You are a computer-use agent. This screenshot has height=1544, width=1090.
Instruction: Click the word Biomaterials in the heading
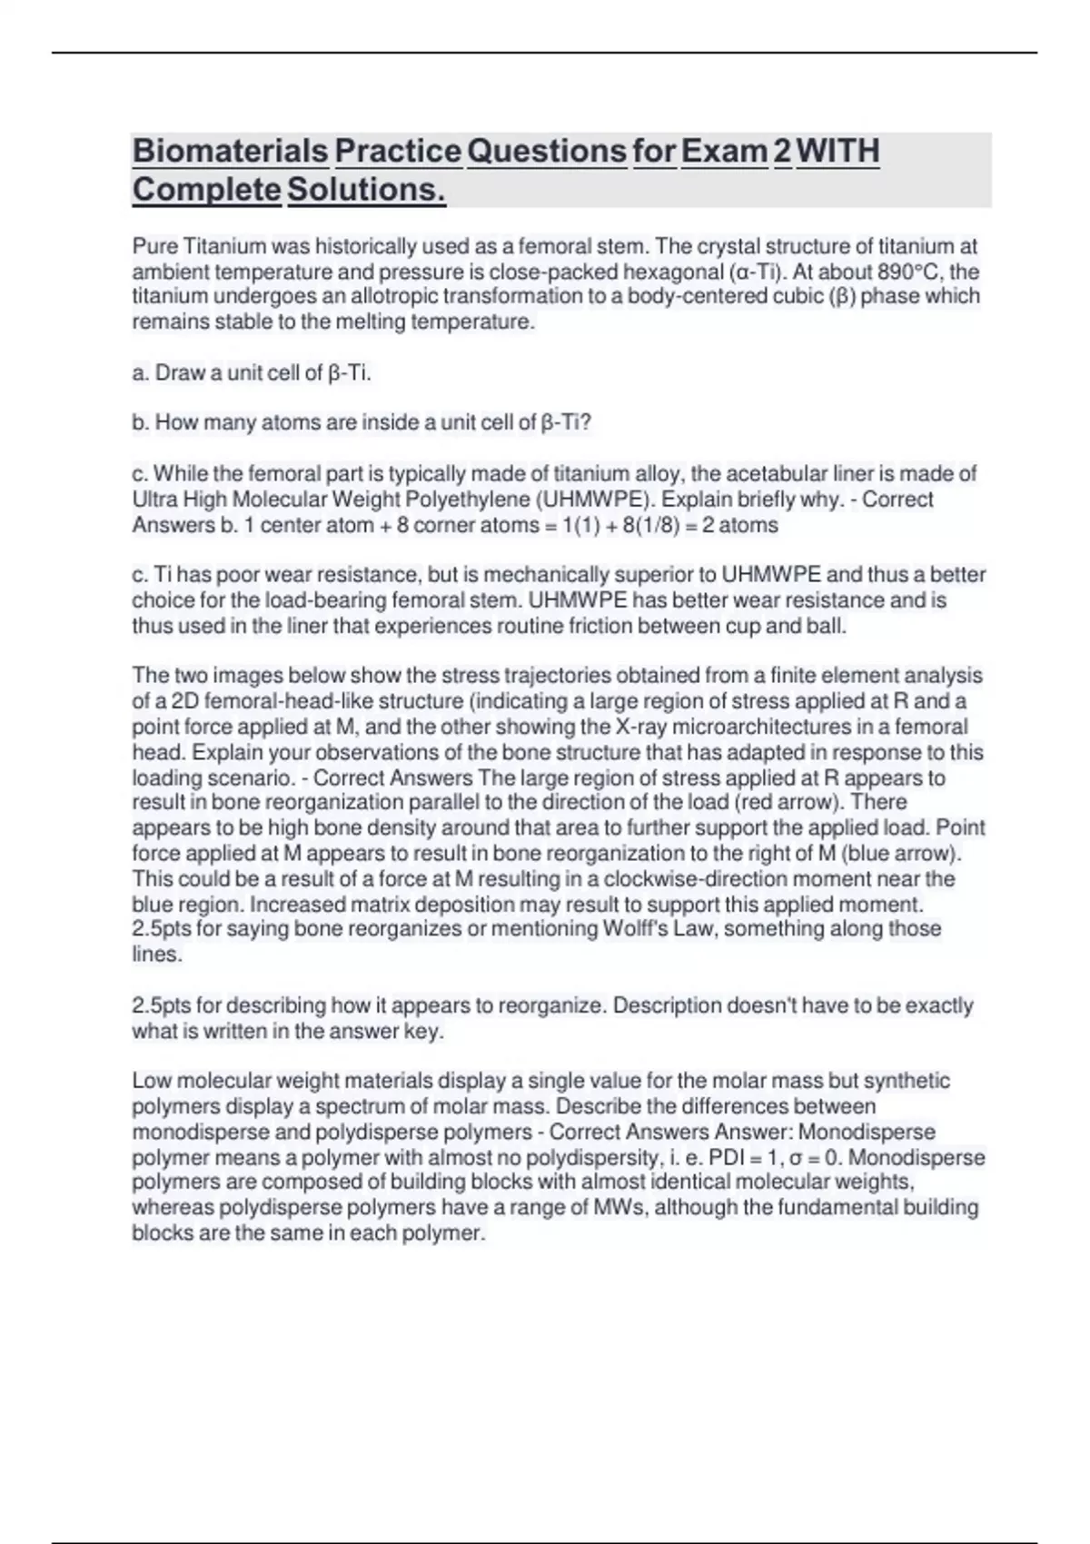[231, 151]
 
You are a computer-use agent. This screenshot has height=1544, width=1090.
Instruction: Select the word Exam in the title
[724, 151]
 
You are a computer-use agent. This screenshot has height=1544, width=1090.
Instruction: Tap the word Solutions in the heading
[366, 190]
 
